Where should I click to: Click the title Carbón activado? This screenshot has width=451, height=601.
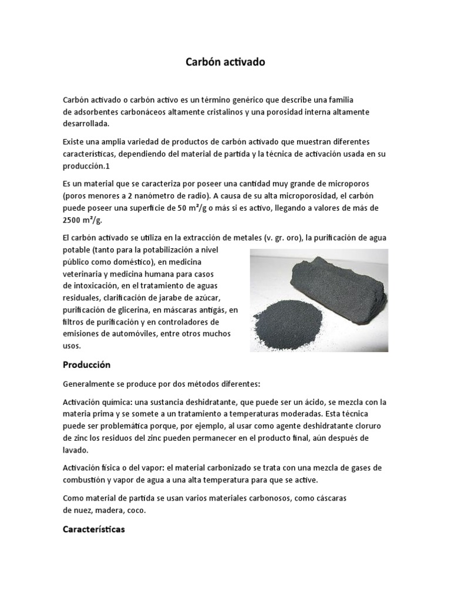point(225,62)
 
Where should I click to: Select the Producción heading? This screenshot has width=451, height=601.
point(86,364)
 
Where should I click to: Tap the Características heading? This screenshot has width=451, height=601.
point(94,529)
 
